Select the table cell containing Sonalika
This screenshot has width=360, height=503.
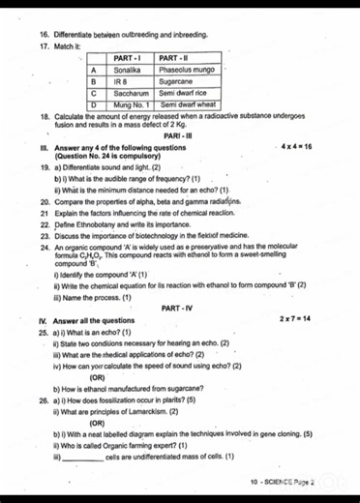click(x=128, y=71)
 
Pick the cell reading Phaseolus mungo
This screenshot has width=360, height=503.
click(x=185, y=71)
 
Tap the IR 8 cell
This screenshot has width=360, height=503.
click(x=122, y=82)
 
